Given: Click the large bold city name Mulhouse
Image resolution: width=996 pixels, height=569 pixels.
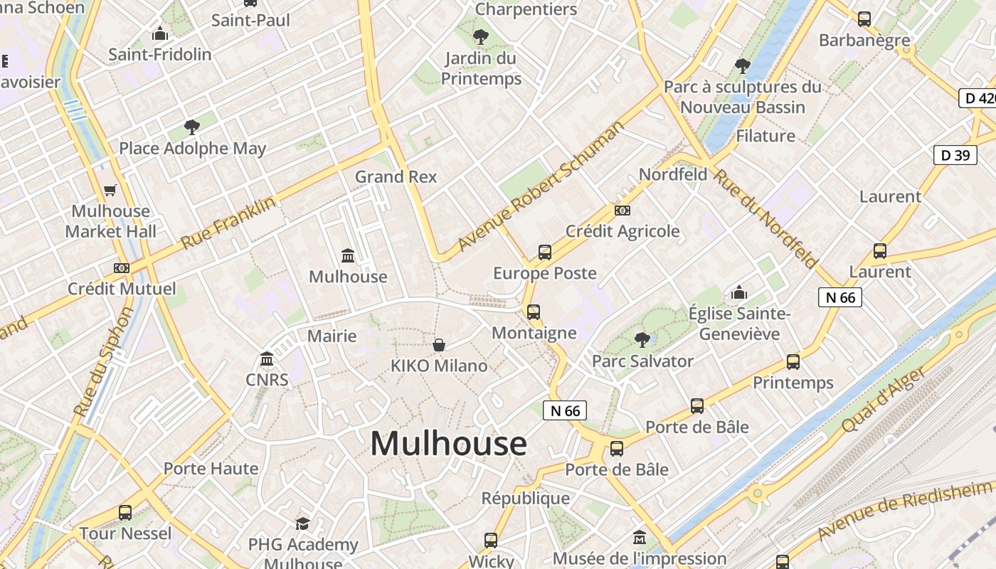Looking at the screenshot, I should [448, 443].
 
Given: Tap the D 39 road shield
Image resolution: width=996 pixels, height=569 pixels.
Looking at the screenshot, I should [955, 155].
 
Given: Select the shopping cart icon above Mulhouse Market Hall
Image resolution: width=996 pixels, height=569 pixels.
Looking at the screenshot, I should [110, 190].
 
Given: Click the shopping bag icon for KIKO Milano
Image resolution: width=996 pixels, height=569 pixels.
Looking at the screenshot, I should [440, 345].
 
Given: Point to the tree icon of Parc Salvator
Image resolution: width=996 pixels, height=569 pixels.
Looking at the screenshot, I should [642, 340].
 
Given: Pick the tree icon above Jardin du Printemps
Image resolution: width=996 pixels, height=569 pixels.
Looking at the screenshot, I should [481, 36].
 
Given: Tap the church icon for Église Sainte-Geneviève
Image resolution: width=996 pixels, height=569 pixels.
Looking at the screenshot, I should [739, 292].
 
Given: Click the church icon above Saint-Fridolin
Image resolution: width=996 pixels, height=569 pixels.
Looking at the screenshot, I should [160, 33].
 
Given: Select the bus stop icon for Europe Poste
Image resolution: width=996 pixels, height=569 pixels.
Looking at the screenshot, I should [545, 252].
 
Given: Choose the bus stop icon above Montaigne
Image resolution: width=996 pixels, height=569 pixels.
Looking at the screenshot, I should [534, 312].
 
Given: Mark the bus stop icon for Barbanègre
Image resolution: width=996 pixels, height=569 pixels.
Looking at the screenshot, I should [864, 19].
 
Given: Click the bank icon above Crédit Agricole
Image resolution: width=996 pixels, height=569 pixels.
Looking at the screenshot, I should [622, 210].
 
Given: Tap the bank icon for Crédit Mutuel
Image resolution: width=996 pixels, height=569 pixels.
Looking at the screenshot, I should [122, 268].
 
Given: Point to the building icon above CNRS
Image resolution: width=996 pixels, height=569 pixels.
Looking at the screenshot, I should [267, 358].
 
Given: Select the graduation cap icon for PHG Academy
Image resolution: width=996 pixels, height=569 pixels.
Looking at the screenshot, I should [303, 523].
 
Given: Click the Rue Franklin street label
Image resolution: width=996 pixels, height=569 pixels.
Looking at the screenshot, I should [228, 223].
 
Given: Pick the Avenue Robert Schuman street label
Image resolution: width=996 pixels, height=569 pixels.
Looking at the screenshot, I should [541, 186].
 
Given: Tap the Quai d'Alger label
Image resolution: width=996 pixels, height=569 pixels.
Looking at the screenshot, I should [884, 399].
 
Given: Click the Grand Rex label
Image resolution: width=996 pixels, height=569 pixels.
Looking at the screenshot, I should [396, 176].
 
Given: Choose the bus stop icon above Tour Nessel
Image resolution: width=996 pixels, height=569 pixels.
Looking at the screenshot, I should [125, 512].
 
